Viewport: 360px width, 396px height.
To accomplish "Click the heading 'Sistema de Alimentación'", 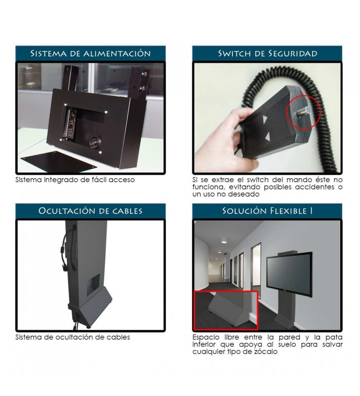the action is point(90,53).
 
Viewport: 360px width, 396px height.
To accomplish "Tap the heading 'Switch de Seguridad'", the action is point(268,53).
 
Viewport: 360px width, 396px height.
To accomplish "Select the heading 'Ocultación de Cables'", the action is point(90,211).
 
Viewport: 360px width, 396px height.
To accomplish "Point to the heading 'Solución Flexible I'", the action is point(268,211).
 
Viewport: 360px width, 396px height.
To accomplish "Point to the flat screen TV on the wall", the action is point(290,274).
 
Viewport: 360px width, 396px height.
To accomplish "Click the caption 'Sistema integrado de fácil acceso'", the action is point(75,180).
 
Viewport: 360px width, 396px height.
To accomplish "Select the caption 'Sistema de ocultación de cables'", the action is point(73,337).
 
